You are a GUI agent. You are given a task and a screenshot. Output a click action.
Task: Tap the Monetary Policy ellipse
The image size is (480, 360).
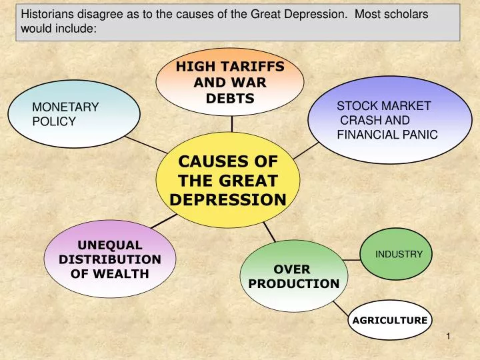coord(81,115)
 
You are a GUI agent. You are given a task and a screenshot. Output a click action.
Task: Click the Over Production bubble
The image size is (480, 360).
coord(293,276)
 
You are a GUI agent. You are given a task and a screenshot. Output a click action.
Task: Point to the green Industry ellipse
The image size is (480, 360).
coord(398,254)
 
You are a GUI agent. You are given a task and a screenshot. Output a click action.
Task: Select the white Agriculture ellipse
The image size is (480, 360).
coord(389,320)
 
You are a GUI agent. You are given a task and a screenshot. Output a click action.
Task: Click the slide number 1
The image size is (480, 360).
coord(449,336)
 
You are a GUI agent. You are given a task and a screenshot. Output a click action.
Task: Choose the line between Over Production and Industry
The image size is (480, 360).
coord(351,258)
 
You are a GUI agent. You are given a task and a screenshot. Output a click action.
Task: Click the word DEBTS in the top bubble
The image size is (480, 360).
coord(230,99)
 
